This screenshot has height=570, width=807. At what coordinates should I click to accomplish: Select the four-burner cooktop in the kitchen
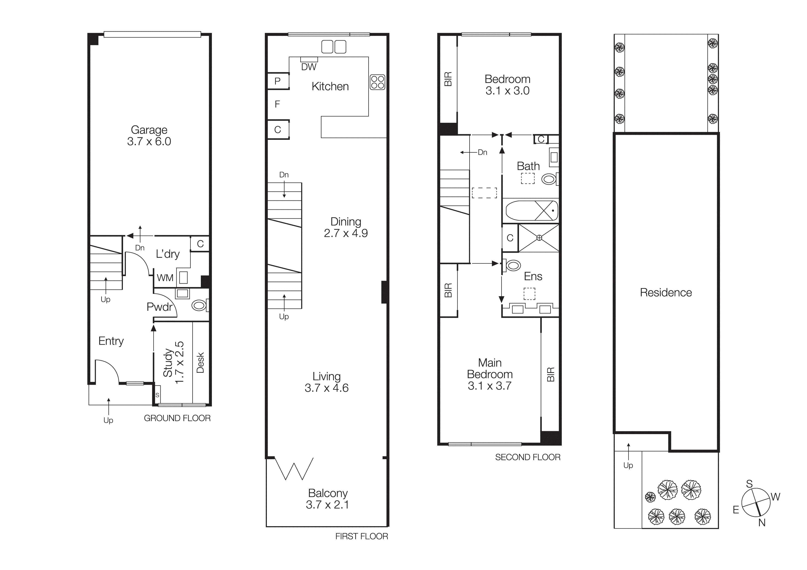378,82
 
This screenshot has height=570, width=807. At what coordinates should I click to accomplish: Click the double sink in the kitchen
334,47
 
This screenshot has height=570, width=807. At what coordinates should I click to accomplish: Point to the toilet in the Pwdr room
199,305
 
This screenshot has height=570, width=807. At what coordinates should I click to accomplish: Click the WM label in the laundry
165,278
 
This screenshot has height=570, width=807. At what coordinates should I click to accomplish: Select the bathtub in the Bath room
531,211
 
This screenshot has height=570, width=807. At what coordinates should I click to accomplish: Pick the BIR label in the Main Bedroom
550,374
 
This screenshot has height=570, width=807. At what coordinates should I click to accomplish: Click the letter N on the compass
762,523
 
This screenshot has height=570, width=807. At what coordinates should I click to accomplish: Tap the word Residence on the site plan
666,292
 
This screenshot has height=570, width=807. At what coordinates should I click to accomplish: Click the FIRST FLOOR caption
361,536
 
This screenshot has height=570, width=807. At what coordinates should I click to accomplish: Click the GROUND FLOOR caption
177,418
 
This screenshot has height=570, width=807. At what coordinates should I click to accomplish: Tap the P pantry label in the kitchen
277,81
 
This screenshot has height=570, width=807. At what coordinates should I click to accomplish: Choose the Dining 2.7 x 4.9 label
346,227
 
